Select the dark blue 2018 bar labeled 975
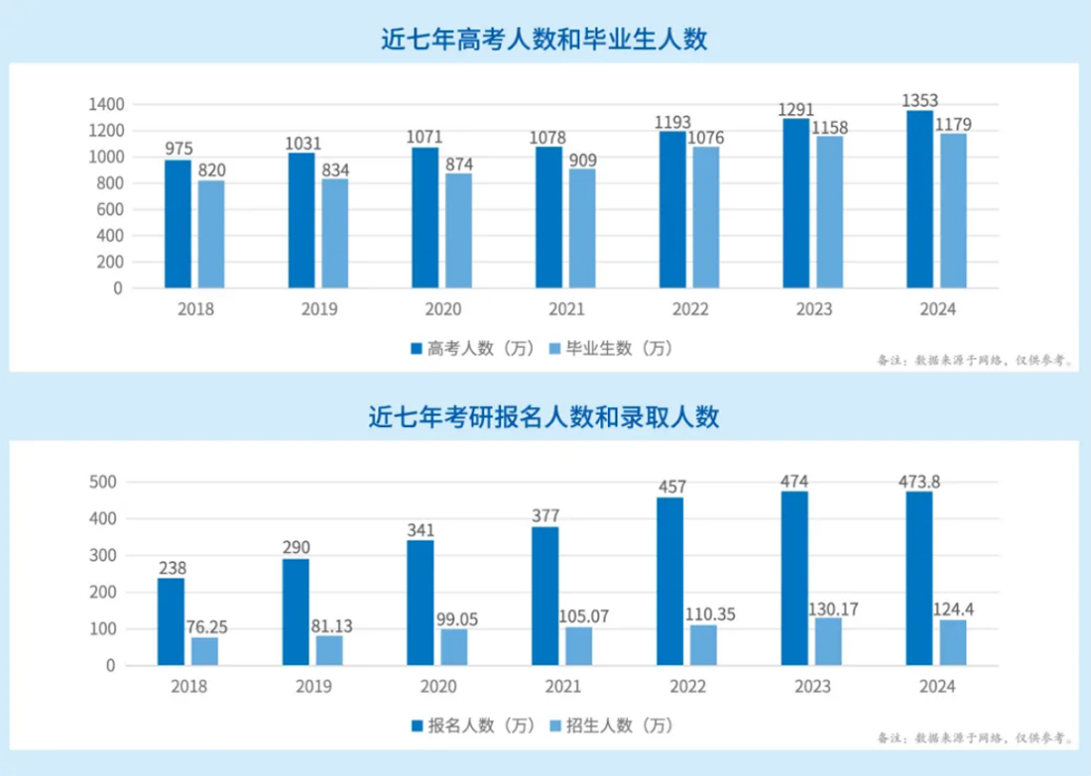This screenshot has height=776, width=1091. pos(178,224)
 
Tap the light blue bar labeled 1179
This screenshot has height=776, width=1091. pos(953,211)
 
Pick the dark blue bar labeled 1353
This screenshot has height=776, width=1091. pos(919,199)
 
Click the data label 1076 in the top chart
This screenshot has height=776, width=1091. pos(705,138)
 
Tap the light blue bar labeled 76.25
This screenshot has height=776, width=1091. pos(204,651)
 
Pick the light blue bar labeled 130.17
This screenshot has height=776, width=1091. pos(828,641)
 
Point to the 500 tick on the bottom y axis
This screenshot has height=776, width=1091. pos(105,483)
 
